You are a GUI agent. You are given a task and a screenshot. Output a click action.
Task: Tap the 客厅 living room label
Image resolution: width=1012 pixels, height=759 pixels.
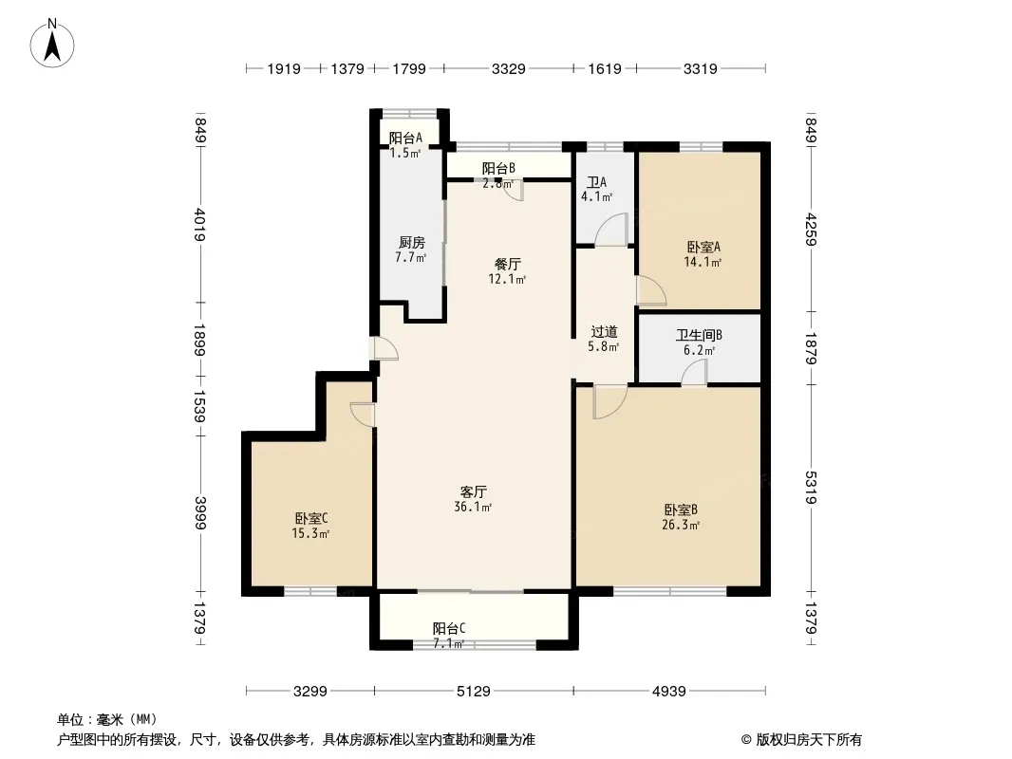(x=473, y=492)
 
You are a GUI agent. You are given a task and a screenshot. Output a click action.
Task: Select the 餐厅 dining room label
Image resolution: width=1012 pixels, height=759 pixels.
(x=507, y=265)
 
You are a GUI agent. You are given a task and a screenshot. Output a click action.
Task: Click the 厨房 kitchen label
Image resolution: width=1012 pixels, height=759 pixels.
(x=412, y=243)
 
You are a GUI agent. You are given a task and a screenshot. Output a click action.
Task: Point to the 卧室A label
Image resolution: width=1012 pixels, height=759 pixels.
(x=703, y=247)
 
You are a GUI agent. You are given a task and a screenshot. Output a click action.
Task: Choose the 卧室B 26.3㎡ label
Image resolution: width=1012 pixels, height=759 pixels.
(x=681, y=517)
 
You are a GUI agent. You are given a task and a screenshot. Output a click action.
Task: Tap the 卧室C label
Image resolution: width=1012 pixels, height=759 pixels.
(x=311, y=518)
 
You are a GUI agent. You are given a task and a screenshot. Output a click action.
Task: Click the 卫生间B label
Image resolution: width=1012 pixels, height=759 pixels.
(x=699, y=335)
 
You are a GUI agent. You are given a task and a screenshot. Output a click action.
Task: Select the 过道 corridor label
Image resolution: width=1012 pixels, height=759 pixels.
(x=604, y=332)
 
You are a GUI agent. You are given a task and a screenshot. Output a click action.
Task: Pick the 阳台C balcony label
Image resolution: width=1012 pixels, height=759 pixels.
(x=448, y=628)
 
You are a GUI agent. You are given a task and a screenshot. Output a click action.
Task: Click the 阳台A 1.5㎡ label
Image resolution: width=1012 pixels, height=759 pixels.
(x=405, y=145)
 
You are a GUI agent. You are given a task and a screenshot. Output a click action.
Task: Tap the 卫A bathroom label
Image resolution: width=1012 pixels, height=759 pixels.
(x=595, y=182)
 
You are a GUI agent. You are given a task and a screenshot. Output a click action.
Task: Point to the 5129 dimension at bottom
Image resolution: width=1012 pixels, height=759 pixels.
(x=473, y=692)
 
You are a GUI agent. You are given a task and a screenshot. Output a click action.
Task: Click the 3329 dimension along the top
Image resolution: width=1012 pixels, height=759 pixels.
(x=508, y=68)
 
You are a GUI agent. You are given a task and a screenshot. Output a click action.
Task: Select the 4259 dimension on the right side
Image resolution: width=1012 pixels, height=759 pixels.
(x=812, y=230)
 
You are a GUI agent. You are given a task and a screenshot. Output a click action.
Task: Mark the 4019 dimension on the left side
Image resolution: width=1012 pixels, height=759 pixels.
(x=200, y=225)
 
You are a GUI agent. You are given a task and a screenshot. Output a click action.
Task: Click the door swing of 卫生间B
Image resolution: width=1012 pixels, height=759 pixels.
(x=695, y=373)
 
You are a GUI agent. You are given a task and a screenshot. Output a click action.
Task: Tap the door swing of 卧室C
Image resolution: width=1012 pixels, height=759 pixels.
(x=362, y=414)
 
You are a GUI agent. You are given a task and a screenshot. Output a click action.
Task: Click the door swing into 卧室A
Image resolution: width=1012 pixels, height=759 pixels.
(x=651, y=290)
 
